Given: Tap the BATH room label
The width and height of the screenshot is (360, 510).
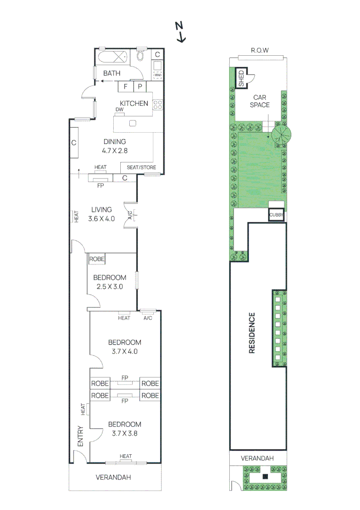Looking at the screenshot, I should (x=112, y=73).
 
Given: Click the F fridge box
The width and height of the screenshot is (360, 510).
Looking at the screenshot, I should (x=126, y=86).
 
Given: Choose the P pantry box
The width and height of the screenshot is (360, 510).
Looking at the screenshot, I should (x=140, y=86).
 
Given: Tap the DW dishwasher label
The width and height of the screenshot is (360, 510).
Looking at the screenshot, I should (x=119, y=110).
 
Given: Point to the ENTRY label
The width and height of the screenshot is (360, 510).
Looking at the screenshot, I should (x=80, y=437).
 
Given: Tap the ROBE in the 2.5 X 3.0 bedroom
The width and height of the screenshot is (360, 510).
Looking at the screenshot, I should (x=97, y=259).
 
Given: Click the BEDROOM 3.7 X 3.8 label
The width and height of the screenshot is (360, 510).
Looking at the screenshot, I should (x=125, y=428).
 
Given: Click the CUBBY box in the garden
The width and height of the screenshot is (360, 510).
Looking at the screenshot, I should (x=276, y=215).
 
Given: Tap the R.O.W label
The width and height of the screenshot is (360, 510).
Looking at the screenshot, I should (x=260, y=50).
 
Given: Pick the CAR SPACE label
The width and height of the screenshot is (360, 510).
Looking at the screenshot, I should (x=260, y=101).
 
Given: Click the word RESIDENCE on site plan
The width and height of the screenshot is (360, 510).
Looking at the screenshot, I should (x=252, y=333).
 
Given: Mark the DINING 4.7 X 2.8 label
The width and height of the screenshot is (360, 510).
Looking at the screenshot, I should (x=115, y=146).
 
